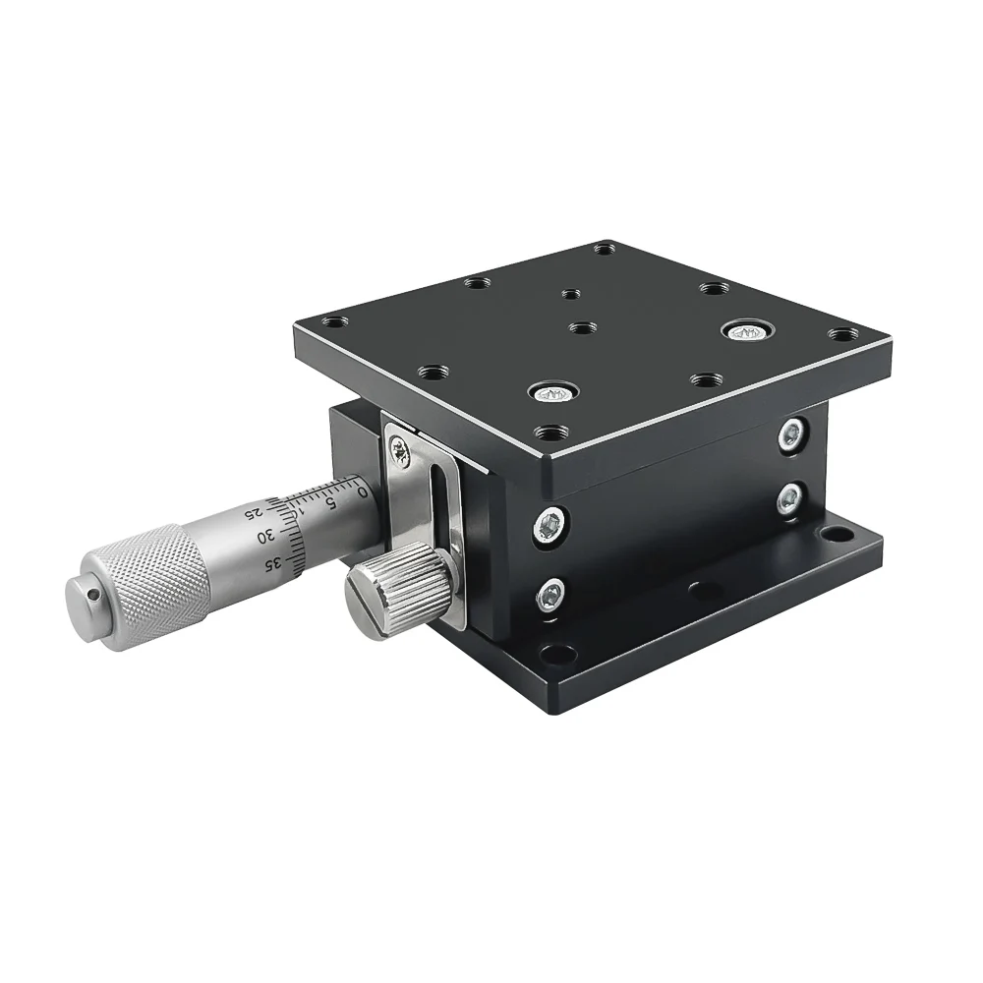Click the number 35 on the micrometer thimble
coord(272,563)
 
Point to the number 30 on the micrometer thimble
coord(266,536)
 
